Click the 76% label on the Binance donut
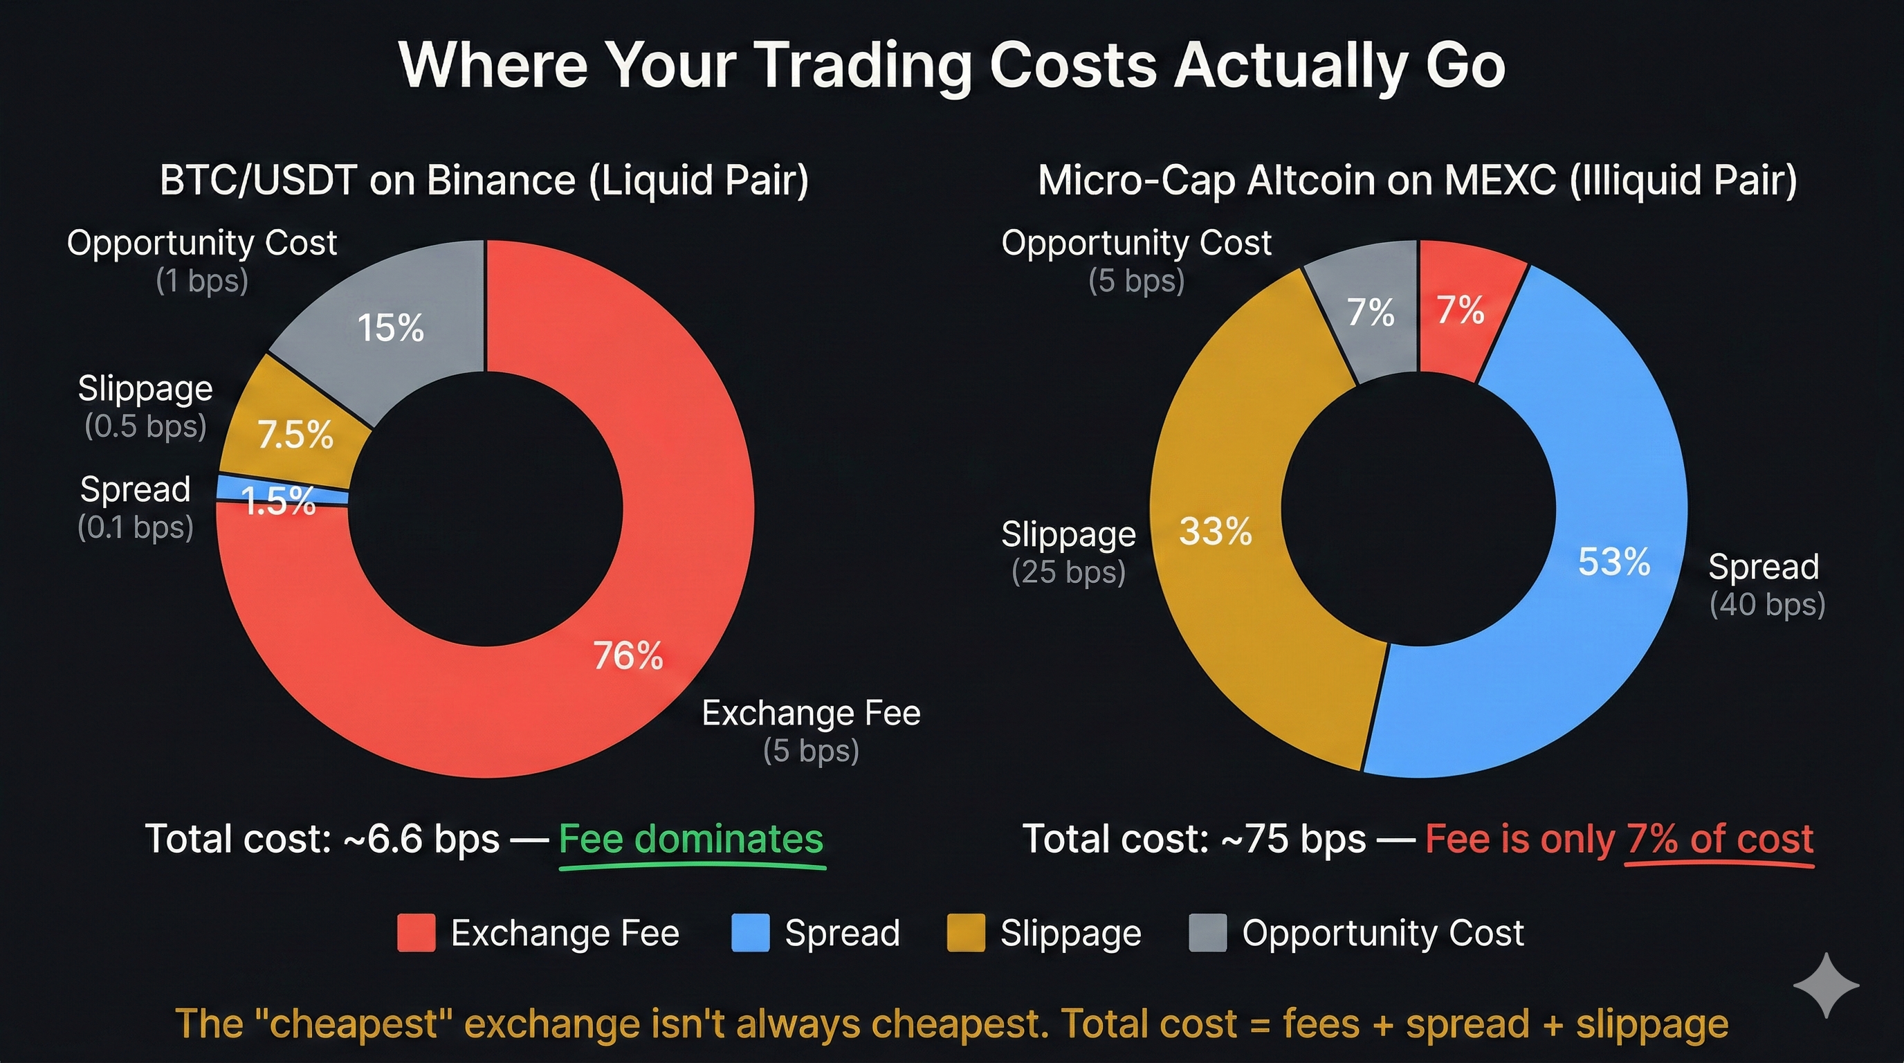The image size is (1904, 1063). coord(628,655)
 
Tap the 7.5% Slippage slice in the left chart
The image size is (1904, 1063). coord(295,435)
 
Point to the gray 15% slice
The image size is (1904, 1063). coord(390,327)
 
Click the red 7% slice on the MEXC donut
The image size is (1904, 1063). coord(1461,310)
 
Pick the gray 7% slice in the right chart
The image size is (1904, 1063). coord(1371,312)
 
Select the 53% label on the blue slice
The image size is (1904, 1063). coord(1613,562)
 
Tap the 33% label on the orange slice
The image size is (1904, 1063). coord(1215,531)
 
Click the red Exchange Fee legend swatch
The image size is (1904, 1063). coord(416,933)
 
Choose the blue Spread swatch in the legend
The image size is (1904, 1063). coord(749,933)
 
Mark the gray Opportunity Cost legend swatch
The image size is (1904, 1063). coord(1207,933)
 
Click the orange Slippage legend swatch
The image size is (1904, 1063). coord(965,933)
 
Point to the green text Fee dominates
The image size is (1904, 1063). coord(690,839)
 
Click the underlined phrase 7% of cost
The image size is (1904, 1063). coord(1719,839)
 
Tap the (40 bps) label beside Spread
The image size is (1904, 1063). coord(1766,605)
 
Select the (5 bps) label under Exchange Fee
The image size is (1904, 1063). coord(811,751)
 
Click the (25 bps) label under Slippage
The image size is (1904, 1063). coord(1068,572)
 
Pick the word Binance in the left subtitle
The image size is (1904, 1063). coord(500,181)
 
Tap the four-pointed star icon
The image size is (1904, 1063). coord(1826,985)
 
